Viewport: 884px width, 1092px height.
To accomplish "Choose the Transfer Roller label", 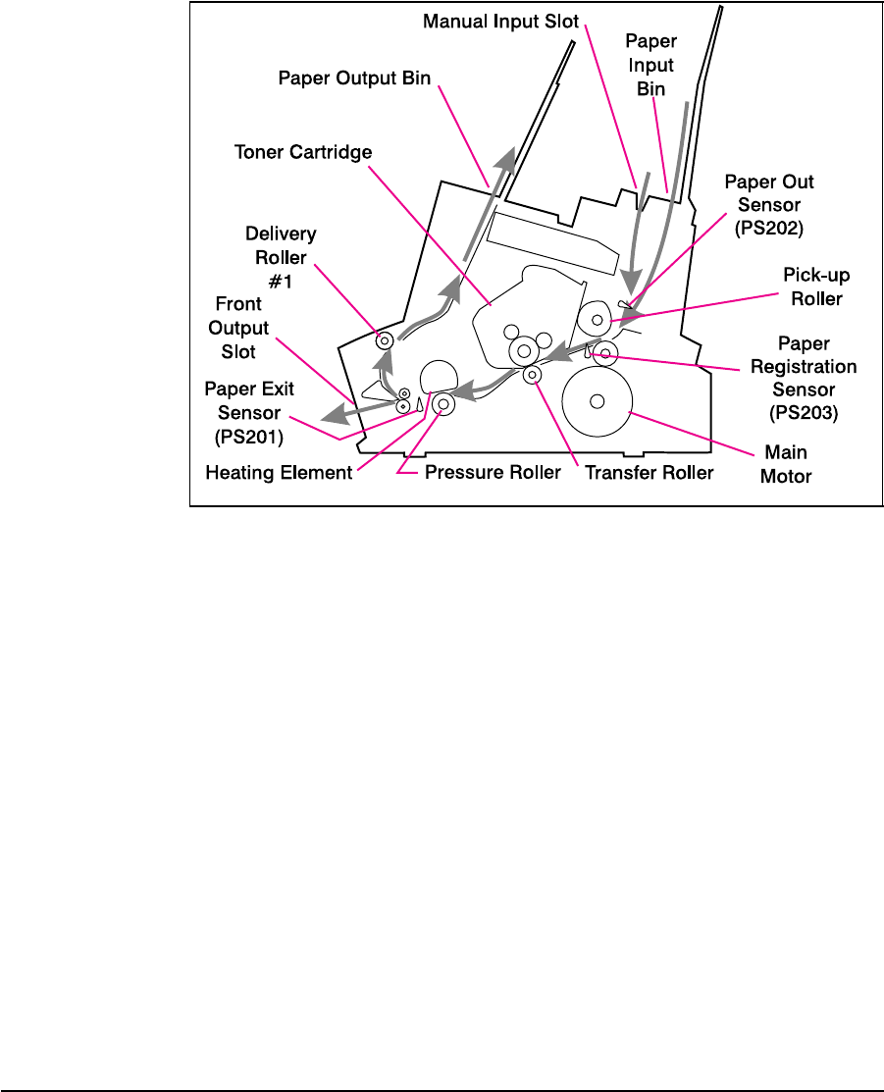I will (x=649, y=473).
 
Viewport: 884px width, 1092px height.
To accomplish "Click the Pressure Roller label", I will (x=493, y=473).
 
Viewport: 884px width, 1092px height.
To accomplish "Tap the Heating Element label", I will (x=279, y=473).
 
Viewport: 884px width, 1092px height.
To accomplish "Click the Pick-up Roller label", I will (x=816, y=287).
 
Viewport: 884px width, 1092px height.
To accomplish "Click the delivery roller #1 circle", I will (x=385, y=340).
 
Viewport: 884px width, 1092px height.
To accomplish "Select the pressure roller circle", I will (x=442, y=403).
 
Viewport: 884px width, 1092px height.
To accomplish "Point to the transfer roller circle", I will (x=532, y=374).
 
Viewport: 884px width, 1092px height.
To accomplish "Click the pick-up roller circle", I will (x=595, y=320).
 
